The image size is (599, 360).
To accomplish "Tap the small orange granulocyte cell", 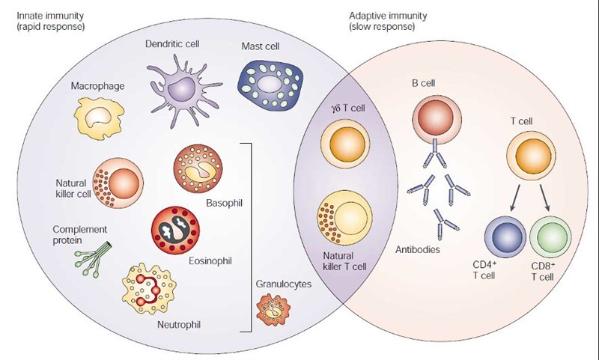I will pos(273,308).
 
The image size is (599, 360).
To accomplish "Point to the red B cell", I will pos(437,118).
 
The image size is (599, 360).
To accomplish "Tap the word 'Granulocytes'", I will pos(283,284).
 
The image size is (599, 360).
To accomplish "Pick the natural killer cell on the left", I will pos(118,183).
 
